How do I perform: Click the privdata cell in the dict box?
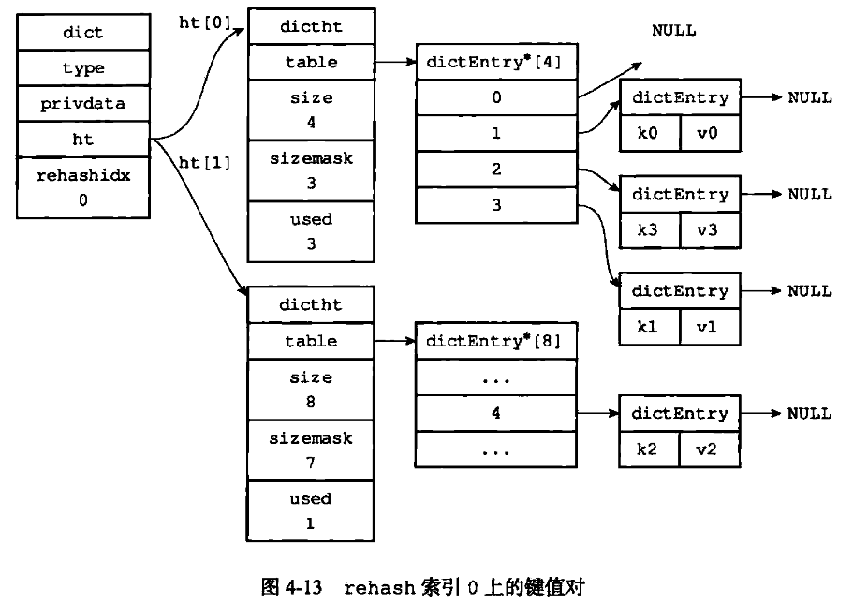tap(82, 104)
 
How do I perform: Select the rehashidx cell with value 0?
tap(82, 187)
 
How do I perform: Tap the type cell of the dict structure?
tap(82, 68)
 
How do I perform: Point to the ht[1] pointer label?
tap(204, 162)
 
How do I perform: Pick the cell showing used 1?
tap(311, 511)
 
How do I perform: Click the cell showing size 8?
tap(311, 390)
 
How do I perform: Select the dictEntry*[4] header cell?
tap(495, 63)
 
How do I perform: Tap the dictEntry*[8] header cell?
tap(495, 341)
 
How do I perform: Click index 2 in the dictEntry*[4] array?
tap(495, 169)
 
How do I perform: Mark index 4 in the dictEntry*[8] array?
tap(495, 413)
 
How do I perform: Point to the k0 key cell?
tap(648, 133)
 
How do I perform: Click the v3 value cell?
tap(708, 229)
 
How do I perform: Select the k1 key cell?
tap(648, 327)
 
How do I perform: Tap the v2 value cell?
tap(708, 449)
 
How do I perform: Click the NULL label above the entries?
tap(673, 30)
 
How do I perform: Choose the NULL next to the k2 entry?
tap(809, 413)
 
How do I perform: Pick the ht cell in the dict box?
tap(82, 140)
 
